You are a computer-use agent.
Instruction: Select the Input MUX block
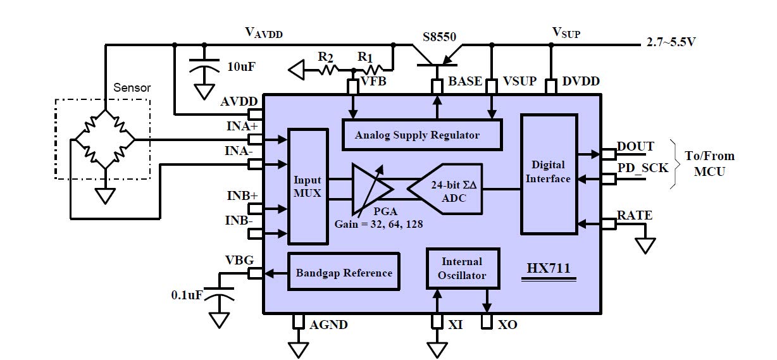pos(308,187)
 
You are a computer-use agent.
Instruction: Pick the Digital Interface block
pos(548,173)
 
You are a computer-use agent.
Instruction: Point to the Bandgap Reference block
pos(344,273)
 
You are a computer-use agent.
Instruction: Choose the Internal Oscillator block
pos(462,268)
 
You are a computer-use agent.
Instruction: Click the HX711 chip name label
pos(549,268)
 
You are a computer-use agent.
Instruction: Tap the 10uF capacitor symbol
pos(204,66)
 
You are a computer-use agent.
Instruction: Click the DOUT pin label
pos(635,147)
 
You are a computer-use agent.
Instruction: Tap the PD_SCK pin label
pos(642,168)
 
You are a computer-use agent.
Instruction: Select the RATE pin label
pos(635,216)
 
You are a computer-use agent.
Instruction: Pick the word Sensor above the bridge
pos(132,88)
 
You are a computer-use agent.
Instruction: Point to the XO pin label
pos(507,325)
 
